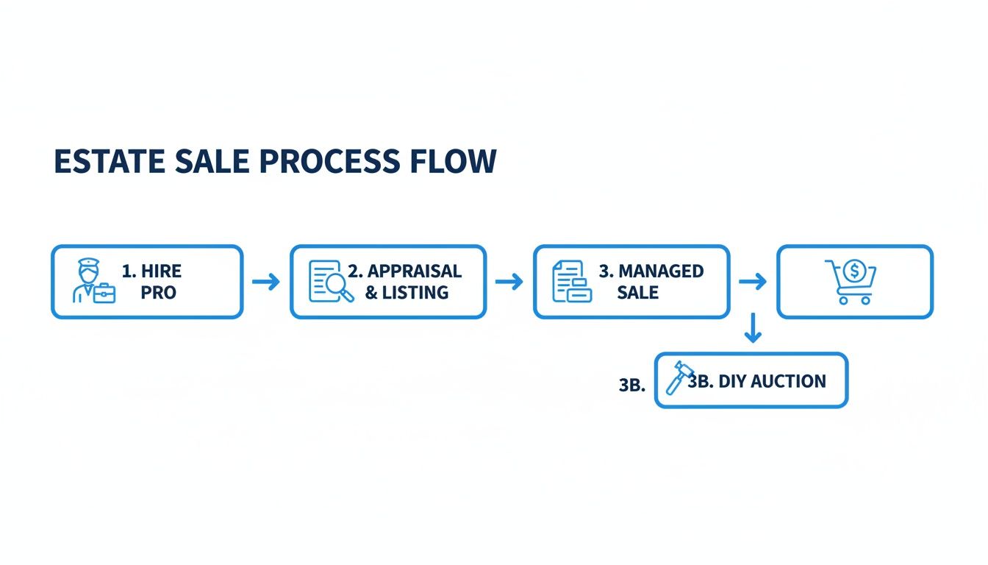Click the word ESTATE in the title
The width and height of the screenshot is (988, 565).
(110, 161)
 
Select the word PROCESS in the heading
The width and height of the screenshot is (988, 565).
(330, 161)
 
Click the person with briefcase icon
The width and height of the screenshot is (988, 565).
(94, 281)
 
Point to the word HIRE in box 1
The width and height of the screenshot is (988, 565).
(161, 271)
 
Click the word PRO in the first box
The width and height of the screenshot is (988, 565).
(158, 292)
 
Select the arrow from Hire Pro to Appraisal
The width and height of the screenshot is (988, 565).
(266, 282)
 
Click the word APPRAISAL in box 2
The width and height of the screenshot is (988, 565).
(415, 271)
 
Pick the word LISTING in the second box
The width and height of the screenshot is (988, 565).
(415, 292)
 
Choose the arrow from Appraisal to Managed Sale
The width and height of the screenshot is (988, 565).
(509, 282)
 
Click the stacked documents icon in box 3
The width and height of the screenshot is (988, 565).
(572, 281)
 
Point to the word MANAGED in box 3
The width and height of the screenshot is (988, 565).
(661, 271)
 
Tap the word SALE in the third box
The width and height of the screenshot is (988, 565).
(638, 292)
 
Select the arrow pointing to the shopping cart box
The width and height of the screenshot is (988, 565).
(753, 282)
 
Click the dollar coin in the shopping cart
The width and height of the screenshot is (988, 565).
(854, 271)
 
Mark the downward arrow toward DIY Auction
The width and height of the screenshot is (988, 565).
(753, 328)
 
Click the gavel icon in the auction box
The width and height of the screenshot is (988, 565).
(679, 377)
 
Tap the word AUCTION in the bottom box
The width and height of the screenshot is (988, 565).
(788, 381)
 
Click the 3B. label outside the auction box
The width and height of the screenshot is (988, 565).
(632, 385)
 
